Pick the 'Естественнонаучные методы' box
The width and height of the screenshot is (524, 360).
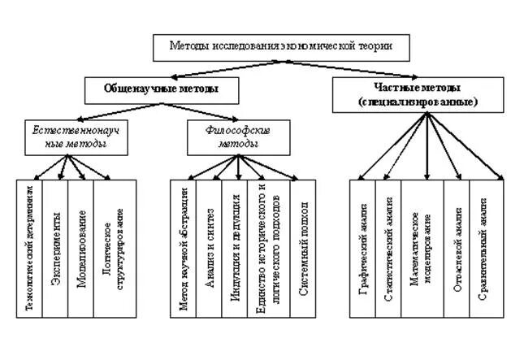[69, 137]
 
